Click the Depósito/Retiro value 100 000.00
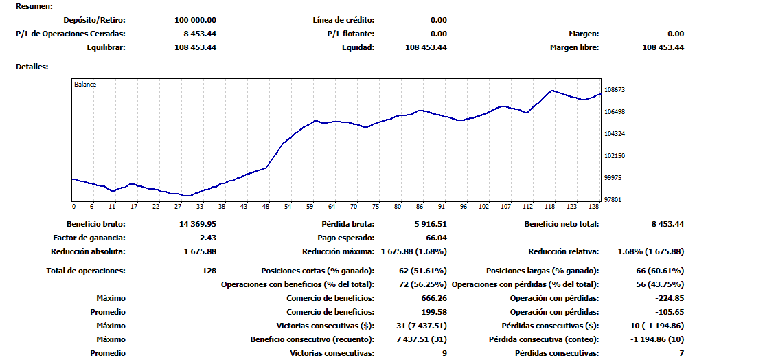click(195, 20)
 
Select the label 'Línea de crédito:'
click(343, 20)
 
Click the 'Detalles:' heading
click(32, 67)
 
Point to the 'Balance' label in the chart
click(86, 85)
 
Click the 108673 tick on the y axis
click(615, 90)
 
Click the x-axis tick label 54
click(288, 206)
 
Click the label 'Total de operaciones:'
click(86, 271)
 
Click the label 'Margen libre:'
click(575, 47)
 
